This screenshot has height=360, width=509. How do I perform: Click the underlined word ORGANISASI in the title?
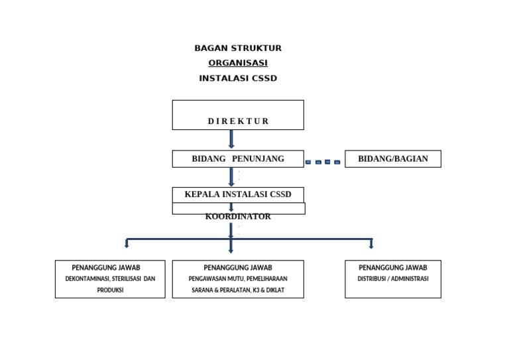click(x=238, y=63)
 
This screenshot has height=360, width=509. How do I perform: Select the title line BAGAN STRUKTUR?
click(x=238, y=48)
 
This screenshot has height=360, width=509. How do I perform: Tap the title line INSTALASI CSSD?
click(x=238, y=78)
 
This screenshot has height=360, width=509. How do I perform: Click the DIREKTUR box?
click(x=238, y=115)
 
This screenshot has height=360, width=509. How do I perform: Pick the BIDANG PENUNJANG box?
click(x=238, y=158)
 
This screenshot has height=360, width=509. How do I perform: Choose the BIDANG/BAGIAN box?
click(x=393, y=158)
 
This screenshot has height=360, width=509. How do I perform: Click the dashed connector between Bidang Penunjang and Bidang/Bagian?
click(x=323, y=162)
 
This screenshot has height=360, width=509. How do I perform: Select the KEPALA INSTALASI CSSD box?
click(x=238, y=194)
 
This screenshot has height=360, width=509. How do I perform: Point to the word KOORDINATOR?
click(x=238, y=217)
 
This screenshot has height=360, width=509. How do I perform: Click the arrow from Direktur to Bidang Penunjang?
click(x=231, y=139)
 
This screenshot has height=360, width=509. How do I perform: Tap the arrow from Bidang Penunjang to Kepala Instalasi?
click(x=231, y=176)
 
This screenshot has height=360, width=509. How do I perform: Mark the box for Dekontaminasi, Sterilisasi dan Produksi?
click(x=110, y=279)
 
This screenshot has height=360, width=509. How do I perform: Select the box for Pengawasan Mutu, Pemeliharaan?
click(x=238, y=279)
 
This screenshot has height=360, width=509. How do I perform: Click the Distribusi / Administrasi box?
click(x=393, y=279)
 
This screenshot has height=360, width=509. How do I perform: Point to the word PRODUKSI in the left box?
click(x=110, y=290)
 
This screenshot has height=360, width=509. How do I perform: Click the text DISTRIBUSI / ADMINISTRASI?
click(x=393, y=279)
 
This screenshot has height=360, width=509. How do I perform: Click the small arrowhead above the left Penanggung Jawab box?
click(x=127, y=245)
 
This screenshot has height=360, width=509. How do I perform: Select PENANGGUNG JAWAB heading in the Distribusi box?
click(x=393, y=268)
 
